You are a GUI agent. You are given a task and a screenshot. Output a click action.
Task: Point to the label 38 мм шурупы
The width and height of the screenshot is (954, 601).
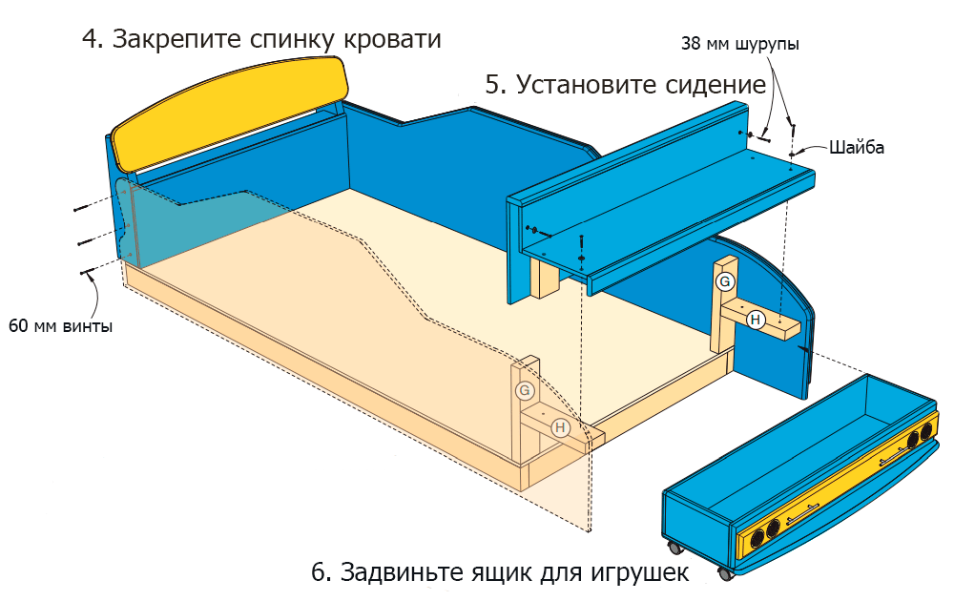click(x=740, y=45)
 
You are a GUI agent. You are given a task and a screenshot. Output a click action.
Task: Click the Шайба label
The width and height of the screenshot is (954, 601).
click(x=857, y=148)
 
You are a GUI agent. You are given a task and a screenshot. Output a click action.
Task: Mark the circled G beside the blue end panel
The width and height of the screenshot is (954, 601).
click(x=725, y=281)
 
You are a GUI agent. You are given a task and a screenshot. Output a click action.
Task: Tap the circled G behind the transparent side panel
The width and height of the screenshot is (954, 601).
click(x=524, y=390)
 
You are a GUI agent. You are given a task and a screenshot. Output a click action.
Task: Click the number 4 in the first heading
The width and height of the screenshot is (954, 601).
click(x=91, y=40)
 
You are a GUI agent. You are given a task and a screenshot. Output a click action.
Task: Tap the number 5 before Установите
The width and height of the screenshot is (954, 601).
click(x=493, y=85)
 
